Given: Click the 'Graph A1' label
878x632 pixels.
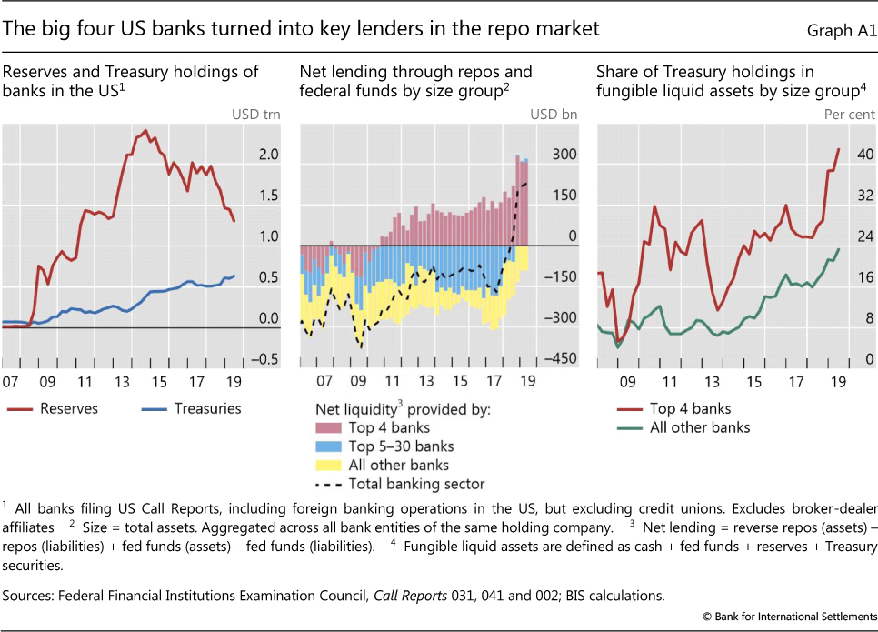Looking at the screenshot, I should [841, 31].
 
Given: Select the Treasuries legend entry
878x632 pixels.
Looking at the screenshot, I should [208, 408].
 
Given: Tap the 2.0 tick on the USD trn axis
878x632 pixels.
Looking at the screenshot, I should [268, 155].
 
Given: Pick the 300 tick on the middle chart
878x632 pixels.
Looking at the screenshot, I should [564, 155].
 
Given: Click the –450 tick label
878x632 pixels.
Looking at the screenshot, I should [561, 360].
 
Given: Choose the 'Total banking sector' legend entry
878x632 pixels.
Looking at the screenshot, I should [416, 484].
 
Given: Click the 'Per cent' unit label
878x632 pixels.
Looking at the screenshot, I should [850, 115].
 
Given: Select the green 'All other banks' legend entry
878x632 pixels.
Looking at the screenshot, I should [700, 427].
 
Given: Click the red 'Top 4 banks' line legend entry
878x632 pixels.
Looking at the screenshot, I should [690, 408].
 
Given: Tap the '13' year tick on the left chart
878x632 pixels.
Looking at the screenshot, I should [122, 382].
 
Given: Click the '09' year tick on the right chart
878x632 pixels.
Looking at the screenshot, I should [627, 382].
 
